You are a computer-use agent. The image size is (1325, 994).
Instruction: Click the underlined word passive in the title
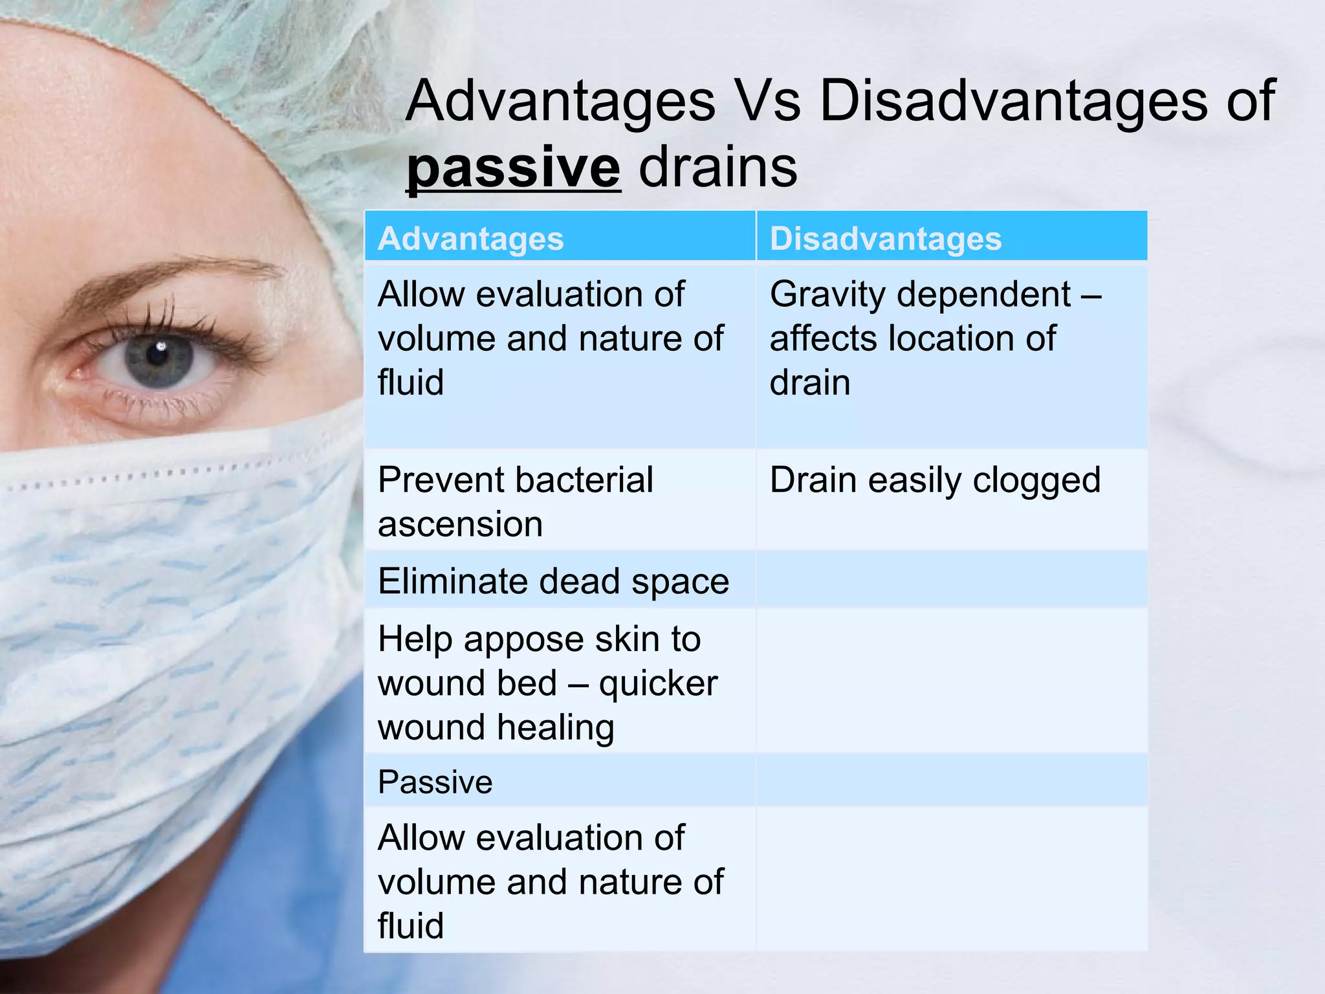[513, 168]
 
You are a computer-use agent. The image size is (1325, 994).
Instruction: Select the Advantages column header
[470, 238]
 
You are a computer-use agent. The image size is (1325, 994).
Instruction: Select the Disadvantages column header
[885, 238]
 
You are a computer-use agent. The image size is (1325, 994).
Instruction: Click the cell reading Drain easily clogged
[935, 481]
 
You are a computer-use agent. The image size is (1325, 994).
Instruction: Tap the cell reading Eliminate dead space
[553, 580]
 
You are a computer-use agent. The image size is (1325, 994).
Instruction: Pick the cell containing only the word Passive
[435, 782]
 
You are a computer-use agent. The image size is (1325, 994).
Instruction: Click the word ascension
[460, 524]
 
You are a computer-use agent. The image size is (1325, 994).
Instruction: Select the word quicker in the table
[658, 684]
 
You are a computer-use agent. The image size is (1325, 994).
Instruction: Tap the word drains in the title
[718, 168]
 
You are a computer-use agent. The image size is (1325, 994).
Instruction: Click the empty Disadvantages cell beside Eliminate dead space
[952, 580]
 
